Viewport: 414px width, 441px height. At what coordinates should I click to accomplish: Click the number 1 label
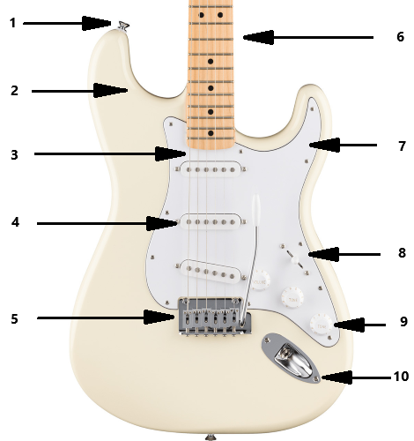coord(12,23)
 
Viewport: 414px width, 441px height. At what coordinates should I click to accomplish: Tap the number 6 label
coord(400,37)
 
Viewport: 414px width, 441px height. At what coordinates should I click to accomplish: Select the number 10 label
coord(401,377)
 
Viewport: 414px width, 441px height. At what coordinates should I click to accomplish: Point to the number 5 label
coord(15,319)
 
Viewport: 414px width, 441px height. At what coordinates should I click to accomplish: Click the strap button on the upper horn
coord(123,26)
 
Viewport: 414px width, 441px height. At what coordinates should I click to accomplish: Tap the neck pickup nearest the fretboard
coord(211,169)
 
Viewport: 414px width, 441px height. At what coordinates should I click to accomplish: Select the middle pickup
coord(211,221)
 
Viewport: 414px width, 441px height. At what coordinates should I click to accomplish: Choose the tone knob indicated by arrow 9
coord(321,325)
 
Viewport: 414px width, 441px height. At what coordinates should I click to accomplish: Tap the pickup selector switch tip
coord(294,259)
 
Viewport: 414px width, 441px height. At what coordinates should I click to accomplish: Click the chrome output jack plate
coord(291,358)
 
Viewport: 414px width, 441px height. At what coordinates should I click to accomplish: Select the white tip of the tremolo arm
coord(256,206)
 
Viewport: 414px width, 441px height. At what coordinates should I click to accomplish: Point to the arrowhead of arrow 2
coord(111,90)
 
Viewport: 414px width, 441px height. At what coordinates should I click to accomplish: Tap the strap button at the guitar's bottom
coord(210,437)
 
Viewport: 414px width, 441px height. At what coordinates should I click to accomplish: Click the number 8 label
coord(402,253)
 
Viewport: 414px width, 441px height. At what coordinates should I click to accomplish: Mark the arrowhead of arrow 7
coord(324,145)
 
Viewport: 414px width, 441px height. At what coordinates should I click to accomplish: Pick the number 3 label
coord(14,155)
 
